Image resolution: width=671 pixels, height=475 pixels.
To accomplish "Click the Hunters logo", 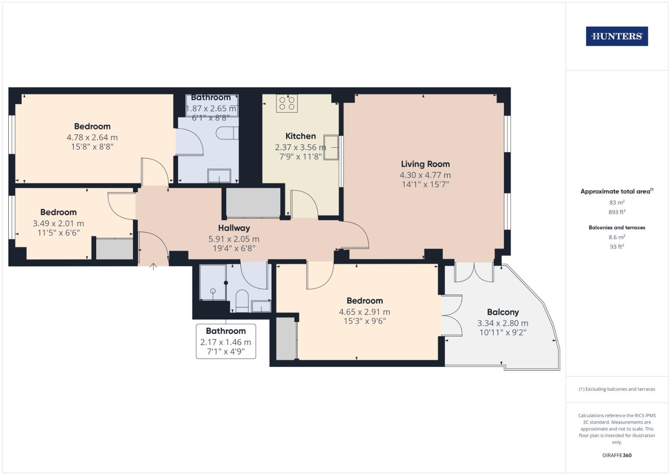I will (617, 37).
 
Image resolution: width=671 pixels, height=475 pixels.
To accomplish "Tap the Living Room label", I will (425, 164).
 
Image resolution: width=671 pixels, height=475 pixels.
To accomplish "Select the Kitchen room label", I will (301, 136).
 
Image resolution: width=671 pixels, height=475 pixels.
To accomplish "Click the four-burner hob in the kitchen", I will (287, 103).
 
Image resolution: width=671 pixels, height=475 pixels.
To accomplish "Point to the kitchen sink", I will (331, 147).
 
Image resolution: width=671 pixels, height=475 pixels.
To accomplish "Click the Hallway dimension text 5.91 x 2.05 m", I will (234, 239).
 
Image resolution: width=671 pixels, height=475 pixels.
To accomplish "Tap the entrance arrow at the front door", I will (153, 266).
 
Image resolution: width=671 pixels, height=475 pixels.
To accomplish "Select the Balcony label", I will (503, 312).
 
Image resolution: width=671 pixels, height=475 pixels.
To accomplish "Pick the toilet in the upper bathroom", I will (227, 133).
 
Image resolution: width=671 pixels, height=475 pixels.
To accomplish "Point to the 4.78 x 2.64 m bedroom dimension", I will (92, 138).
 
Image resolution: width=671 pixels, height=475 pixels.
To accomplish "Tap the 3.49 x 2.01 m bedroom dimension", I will (58, 223).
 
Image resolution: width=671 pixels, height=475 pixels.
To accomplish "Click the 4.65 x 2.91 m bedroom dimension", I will (364, 312).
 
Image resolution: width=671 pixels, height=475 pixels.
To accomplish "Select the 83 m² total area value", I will (617, 202).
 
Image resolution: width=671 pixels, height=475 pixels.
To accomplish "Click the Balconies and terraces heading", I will (617, 227).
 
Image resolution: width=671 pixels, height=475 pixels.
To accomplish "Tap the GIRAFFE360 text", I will (617, 455).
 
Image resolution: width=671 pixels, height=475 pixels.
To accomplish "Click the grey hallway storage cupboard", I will (253, 202).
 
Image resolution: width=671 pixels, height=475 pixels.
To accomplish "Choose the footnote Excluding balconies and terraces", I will (617, 389).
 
